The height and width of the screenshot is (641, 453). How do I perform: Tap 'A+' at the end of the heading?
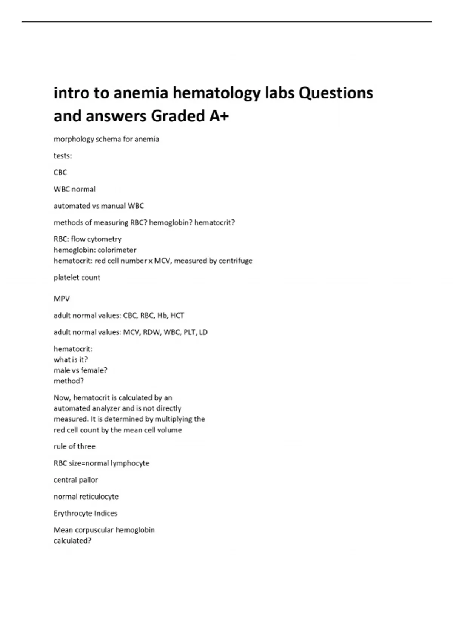[x=219, y=116]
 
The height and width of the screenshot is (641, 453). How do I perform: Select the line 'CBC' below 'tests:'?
[x=60, y=172]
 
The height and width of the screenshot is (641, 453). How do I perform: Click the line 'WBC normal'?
[x=74, y=189]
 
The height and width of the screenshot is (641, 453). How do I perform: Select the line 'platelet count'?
[x=77, y=278]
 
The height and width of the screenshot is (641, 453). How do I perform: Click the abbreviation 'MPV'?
[x=62, y=299]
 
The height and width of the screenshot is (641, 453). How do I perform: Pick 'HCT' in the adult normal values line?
[x=177, y=316]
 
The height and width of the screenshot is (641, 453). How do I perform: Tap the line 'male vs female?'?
[x=80, y=370]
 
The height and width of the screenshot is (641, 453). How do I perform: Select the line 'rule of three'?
[x=74, y=446]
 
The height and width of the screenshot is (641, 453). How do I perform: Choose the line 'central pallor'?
[x=75, y=480]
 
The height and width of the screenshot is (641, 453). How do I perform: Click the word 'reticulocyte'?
[x=98, y=497]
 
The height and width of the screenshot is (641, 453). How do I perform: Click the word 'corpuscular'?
[x=94, y=530]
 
